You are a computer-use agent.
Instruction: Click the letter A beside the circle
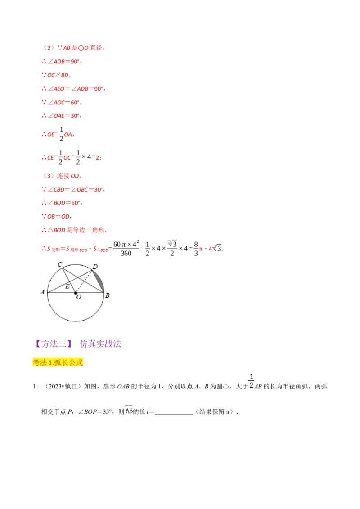point(43,292)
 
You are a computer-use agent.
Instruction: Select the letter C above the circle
point(60,264)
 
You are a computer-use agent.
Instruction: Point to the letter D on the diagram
point(95,267)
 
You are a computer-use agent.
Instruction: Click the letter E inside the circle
point(67,286)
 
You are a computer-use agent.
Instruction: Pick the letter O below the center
point(78,297)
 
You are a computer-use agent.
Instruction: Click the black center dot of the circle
point(76,293)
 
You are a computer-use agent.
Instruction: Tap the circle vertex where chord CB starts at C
point(62,268)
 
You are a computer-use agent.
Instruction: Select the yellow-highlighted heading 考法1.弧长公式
point(59,362)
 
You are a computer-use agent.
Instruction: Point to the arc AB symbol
point(128,410)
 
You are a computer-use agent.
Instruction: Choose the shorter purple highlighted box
point(54,344)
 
